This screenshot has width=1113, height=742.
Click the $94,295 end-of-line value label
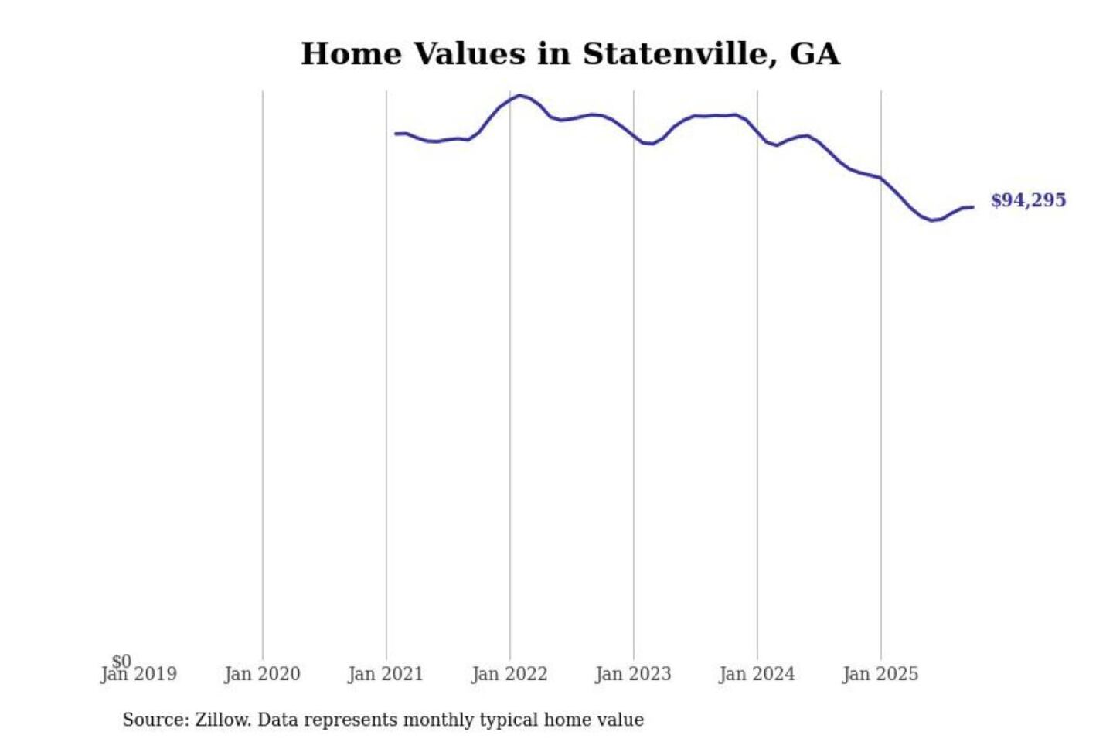click(x=1028, y=200)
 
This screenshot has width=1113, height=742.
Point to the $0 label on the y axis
click(x=121, y=661)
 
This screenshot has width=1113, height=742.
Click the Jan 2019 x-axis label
click(x=139, y=675)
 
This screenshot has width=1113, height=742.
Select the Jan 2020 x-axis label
click(x=262, y=675)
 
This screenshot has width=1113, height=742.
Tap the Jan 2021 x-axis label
click(x=386, y=675)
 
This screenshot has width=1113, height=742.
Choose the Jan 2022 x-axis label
click(x=509, y=675)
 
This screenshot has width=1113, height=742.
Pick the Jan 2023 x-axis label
click(x=633, y=675)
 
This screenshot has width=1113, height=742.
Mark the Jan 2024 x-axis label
click(x=757, y=675)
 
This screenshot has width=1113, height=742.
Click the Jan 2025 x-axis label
click(x=880, y=675)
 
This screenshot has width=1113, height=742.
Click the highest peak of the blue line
click(x=520, y=96)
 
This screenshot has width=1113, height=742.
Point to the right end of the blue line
click(x=972, y=207)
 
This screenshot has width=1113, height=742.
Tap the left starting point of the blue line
click(x=396, y=134)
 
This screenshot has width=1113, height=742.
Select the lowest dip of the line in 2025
click(x=932, y=220)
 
